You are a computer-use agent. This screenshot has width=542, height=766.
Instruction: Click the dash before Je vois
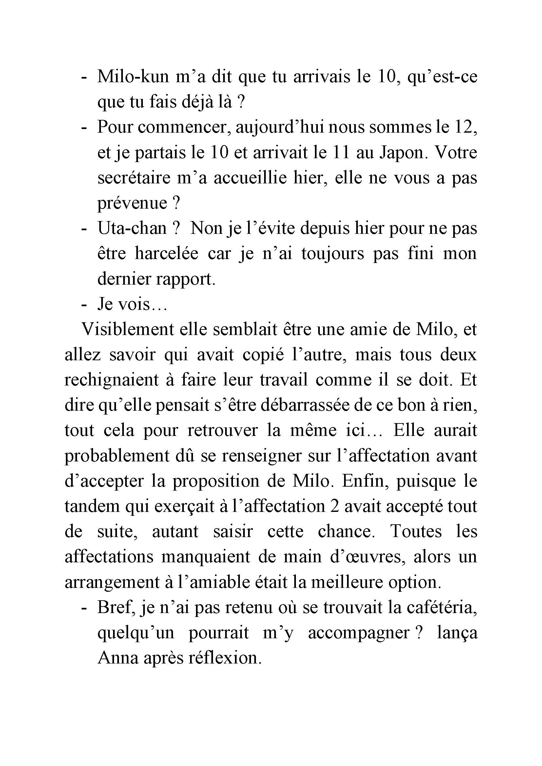point(84,305)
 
